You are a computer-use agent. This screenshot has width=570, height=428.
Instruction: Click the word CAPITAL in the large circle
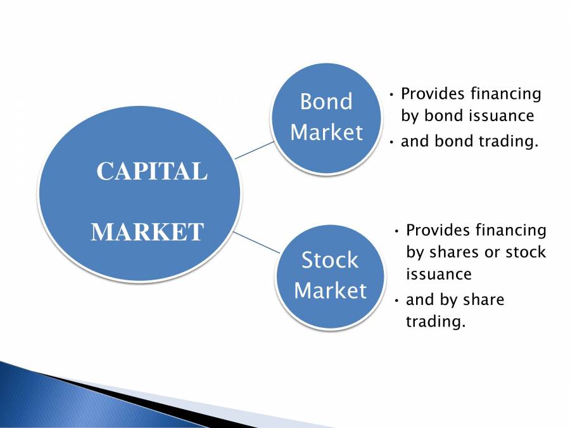pos(151,171)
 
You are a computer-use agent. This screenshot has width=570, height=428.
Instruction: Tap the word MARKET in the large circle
pos(147,232)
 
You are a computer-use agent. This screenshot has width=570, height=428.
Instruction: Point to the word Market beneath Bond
pos(326,133)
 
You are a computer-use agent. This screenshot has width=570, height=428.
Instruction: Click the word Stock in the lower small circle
pos(329,260)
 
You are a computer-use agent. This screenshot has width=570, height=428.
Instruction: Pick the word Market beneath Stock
pos(330,290)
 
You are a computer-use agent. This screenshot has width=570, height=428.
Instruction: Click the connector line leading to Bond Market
pos(255,150)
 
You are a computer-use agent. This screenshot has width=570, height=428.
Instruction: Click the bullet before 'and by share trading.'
pos(396,300)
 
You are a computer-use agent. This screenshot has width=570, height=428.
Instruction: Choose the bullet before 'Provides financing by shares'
pos(396,230)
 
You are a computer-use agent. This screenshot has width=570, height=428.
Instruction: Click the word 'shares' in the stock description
pos(453,252)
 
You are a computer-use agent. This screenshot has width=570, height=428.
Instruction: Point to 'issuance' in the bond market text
pos(504,117)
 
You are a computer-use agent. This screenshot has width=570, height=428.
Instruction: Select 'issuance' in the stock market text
pos(438,274)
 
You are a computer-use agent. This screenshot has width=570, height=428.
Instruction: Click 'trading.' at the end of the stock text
pos(435,321)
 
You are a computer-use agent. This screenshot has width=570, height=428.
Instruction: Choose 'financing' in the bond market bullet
pos(506,94)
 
